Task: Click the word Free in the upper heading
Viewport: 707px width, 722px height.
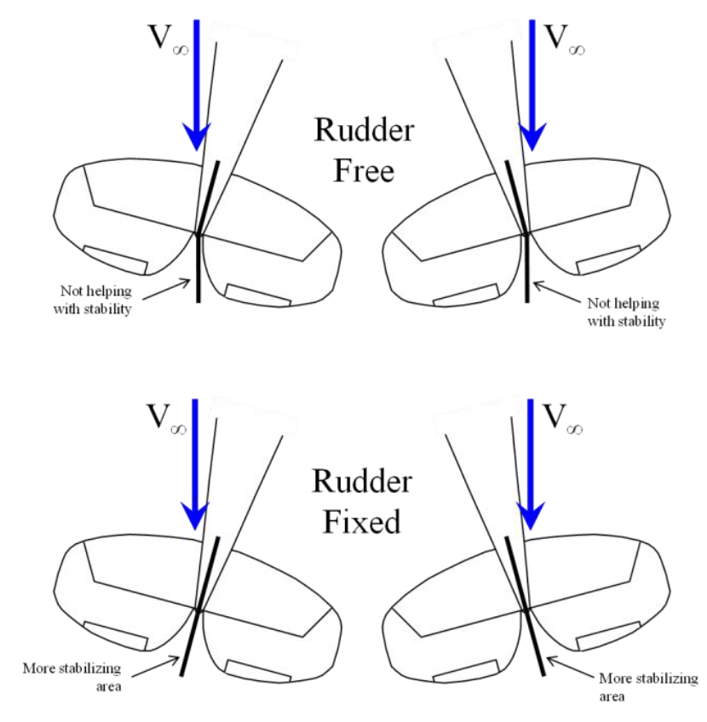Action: [x=364, y=170]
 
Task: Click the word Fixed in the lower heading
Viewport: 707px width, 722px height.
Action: [x=362, y=522]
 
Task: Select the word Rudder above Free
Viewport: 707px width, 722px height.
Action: [x=365, y=130]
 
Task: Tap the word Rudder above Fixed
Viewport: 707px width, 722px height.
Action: [x=362, y=482]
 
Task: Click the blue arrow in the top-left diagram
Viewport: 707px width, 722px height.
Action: [x=197, y=85]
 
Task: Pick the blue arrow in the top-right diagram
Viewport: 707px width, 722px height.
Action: [x=532, y=85]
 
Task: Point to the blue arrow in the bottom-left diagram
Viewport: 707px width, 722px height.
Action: [x=195, y=464]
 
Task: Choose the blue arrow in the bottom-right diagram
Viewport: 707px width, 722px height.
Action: [x=531, y=464]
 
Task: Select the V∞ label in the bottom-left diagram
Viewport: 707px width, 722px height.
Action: [x=166, y=419]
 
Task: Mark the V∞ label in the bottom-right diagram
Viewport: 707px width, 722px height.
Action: [x=563, y=419]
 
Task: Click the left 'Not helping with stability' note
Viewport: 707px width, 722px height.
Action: [x=93, y=300]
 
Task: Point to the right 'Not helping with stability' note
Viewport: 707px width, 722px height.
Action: [x=626, y=312]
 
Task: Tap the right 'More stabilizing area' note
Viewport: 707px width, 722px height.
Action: [x=648, y=687]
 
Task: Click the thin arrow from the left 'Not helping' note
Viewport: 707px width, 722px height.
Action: [x=166, y=289]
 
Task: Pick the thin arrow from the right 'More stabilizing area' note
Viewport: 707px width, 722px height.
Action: [x=570, y=668]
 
